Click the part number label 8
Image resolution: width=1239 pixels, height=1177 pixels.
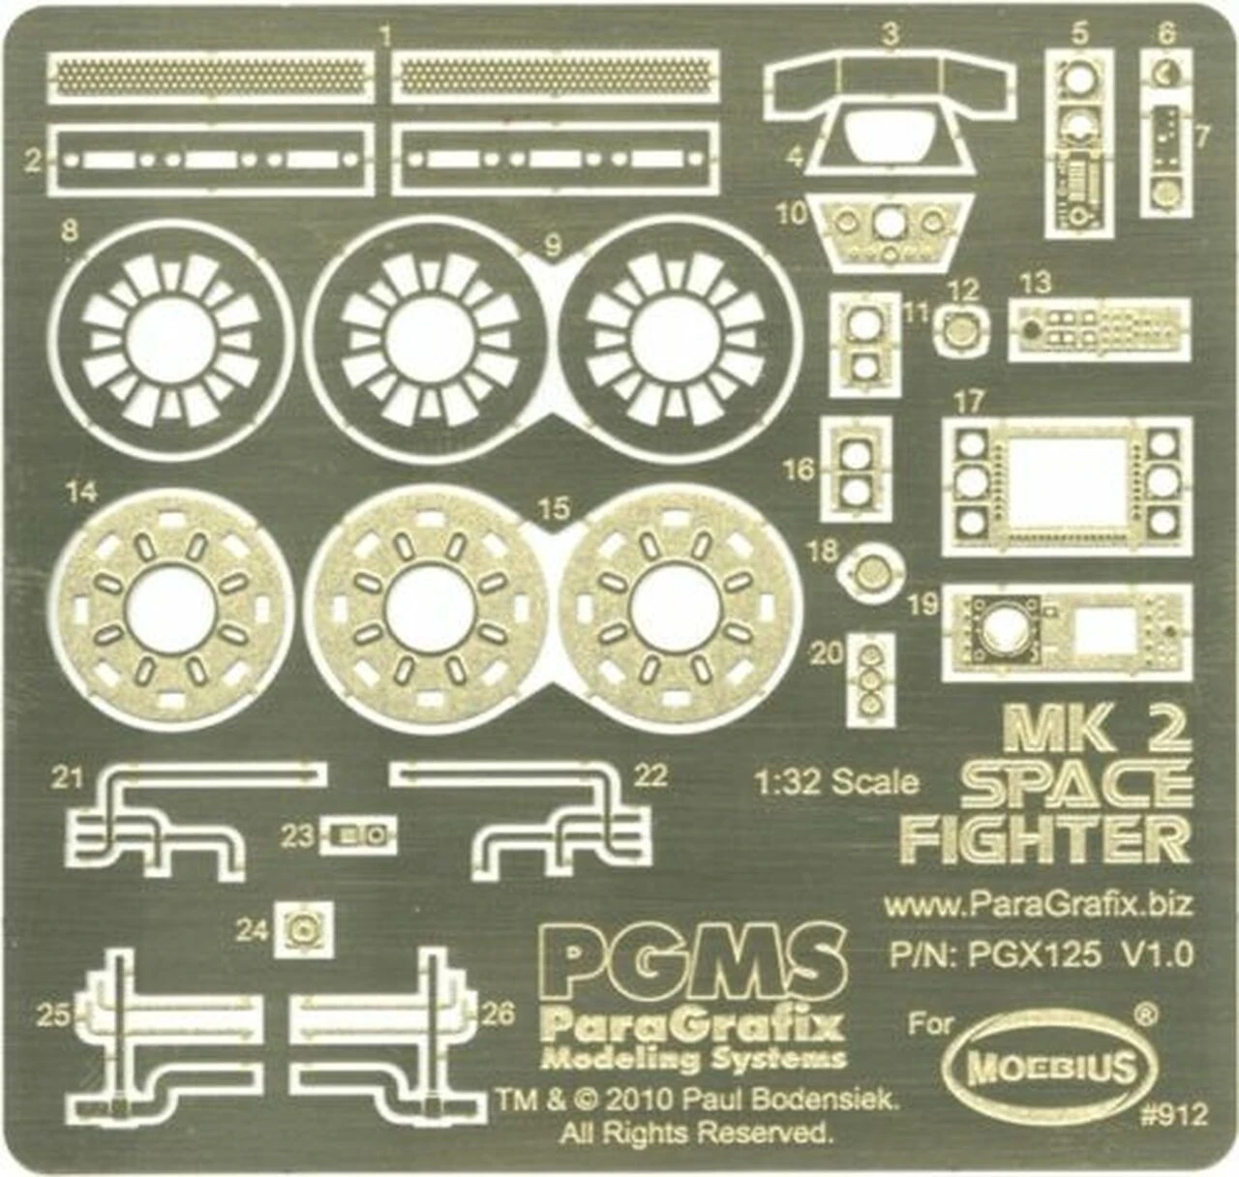[70, 231]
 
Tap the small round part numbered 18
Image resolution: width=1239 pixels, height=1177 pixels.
[873, 572]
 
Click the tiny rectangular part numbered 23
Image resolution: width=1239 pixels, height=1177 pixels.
[358, 836]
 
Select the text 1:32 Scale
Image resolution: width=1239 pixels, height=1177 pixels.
[837, 782]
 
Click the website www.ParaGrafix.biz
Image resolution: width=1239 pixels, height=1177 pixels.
[1038, 906]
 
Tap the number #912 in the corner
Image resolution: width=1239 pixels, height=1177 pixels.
[1174, 1115]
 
